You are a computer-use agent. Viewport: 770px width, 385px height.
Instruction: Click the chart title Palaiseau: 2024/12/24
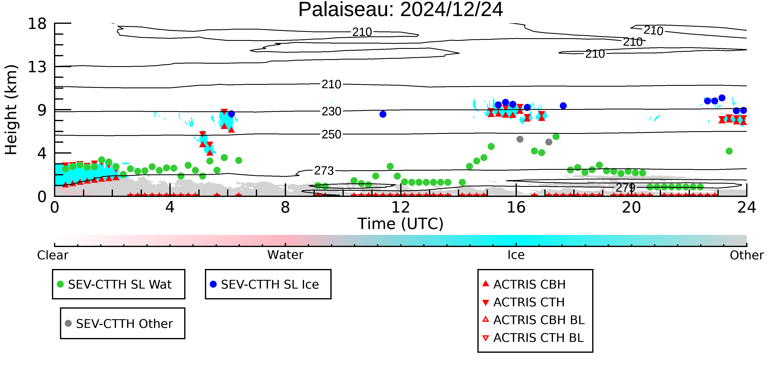tap(401, 10)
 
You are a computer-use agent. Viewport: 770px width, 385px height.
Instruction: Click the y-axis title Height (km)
tap(11, 110)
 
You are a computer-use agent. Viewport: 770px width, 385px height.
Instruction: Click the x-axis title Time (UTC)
tap(401, 224)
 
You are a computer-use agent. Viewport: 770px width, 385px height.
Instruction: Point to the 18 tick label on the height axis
tap(37, 24)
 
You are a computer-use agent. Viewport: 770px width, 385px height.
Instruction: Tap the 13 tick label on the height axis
tap(37, 67)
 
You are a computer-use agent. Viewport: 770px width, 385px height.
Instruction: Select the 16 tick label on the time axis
tap(516, 207)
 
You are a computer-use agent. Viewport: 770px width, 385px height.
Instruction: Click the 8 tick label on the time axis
tap(285, 207)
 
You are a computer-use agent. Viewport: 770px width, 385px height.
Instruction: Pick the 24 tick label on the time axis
tap(747, 207)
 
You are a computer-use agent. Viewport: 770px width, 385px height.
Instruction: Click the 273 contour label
tap(324, 171)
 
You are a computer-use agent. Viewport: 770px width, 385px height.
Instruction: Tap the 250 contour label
tap(331, 134)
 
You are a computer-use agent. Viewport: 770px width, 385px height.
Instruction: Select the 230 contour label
tap(331, 111)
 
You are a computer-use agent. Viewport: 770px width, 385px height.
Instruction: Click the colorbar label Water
tap(285, 255)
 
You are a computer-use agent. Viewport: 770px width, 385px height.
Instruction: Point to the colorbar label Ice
tap(516, 255)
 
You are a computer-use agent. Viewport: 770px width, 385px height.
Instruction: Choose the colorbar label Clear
tap(53, 255)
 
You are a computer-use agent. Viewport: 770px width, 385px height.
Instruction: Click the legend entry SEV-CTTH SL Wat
tap(115, 284)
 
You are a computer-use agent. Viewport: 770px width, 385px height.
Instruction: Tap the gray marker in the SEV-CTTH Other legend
tap(68, 323)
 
